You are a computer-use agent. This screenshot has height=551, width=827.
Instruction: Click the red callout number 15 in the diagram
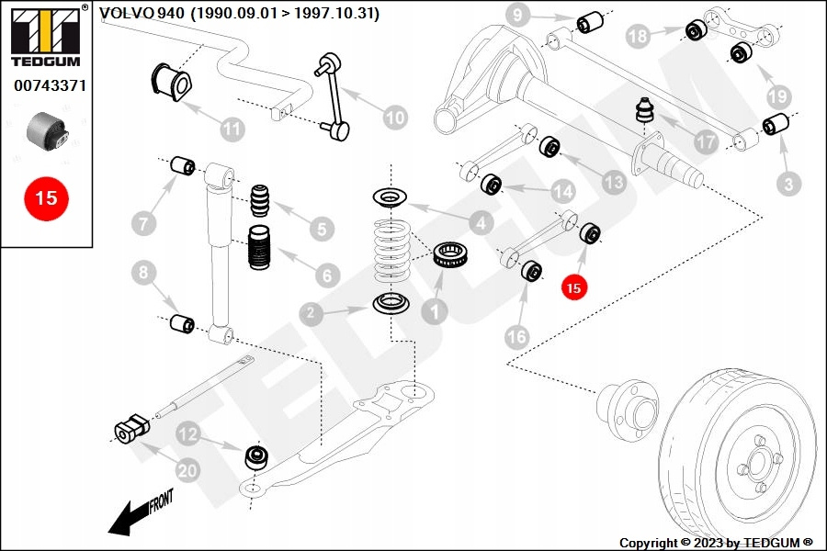573,287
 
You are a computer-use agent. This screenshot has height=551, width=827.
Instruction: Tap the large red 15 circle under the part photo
46,197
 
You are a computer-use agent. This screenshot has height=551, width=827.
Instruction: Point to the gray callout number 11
232,128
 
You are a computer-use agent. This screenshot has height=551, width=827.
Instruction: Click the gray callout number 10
394,118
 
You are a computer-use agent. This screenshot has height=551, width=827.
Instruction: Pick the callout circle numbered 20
187,470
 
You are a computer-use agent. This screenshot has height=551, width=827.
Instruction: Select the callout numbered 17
705,143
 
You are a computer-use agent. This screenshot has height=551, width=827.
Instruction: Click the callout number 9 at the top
517,15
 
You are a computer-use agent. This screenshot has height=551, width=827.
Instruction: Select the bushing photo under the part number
47,130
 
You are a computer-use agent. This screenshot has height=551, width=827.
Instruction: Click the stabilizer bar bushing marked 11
169,80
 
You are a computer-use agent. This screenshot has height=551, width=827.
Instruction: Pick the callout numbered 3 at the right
787,185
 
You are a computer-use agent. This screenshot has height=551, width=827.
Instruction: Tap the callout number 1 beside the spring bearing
435,310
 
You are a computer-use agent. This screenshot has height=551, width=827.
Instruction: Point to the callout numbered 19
777,96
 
